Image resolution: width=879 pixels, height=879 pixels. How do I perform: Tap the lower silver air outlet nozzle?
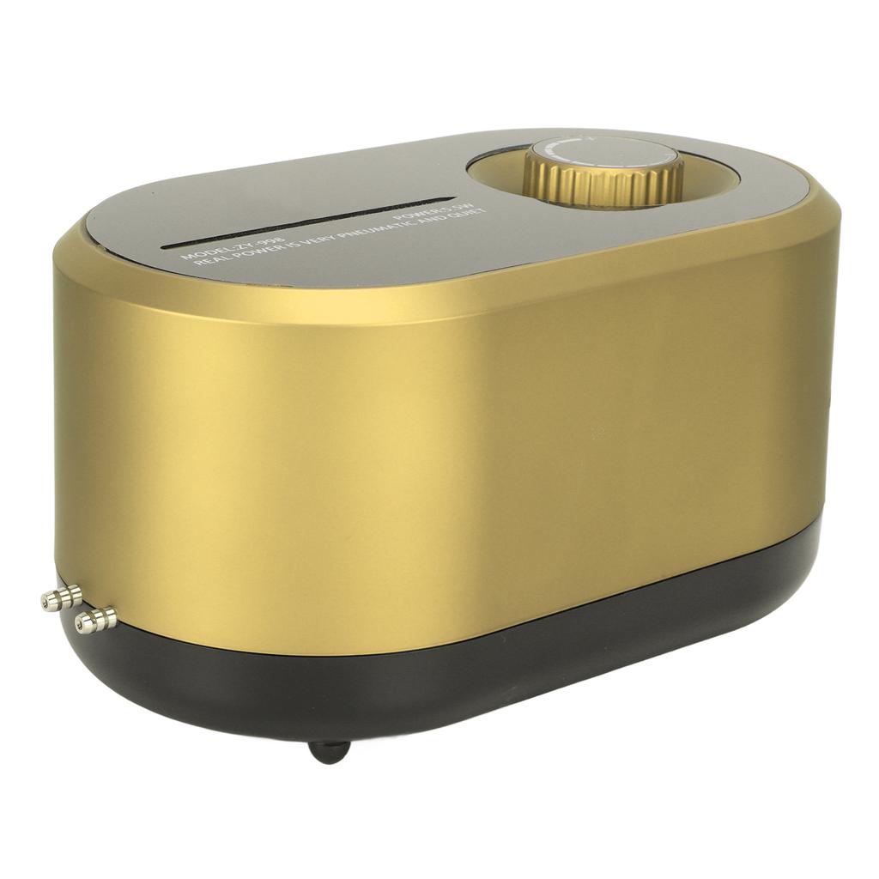click(x=96, y=615)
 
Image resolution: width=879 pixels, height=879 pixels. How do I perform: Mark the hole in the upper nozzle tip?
click(x=45, y=603)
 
